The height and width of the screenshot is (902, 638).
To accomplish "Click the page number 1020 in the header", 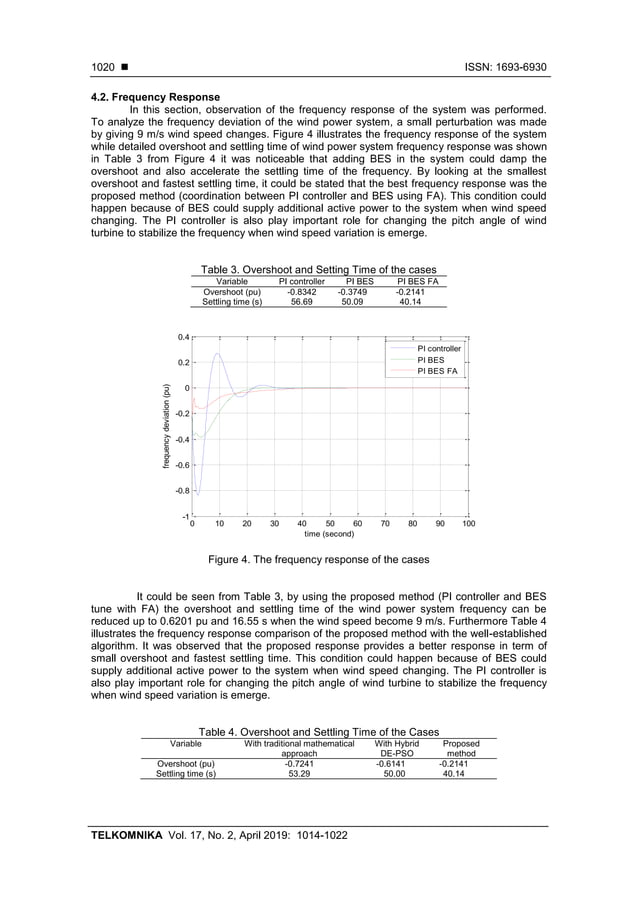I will point(101,67).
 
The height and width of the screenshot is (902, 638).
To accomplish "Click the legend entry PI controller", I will point(438,348).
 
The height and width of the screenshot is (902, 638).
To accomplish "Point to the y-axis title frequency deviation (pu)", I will point(168,427).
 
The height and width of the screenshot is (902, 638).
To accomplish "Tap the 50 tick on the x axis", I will point(330,523).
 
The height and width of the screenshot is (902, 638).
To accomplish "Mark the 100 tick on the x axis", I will point(468,523).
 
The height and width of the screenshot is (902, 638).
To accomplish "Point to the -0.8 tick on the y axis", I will point(182,491).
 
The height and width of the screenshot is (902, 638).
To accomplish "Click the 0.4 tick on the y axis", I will point(184,337).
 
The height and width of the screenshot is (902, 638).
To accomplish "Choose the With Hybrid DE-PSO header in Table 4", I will point(396,748).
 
